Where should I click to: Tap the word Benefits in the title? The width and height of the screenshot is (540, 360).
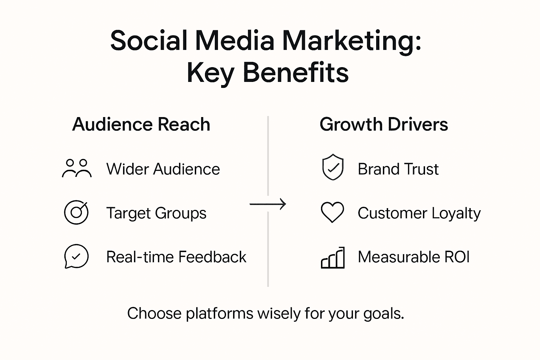coord(296,73)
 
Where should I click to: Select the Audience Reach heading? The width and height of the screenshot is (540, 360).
coord(141,124)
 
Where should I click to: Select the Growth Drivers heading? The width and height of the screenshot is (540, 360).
coord(384,124)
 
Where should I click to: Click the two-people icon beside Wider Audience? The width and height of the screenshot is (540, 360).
coord(77,168)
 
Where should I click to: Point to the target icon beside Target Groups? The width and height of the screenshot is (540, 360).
coord(76,212)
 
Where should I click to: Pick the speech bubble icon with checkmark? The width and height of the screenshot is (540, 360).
coord(76,256)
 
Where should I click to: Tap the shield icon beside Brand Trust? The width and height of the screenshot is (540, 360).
coord(333,167)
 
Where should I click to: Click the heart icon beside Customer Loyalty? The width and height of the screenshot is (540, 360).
coord(332,212)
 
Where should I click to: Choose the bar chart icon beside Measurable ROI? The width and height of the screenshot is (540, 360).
coord(333,258)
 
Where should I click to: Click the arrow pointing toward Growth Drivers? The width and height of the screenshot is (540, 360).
coord(268,204)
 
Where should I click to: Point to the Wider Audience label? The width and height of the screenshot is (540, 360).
coord(163,169)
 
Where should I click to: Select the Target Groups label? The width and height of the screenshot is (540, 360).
coord(156,213)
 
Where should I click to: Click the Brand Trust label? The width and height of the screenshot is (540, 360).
coord(398,169)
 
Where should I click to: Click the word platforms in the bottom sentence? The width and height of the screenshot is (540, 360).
coord(219,314)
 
